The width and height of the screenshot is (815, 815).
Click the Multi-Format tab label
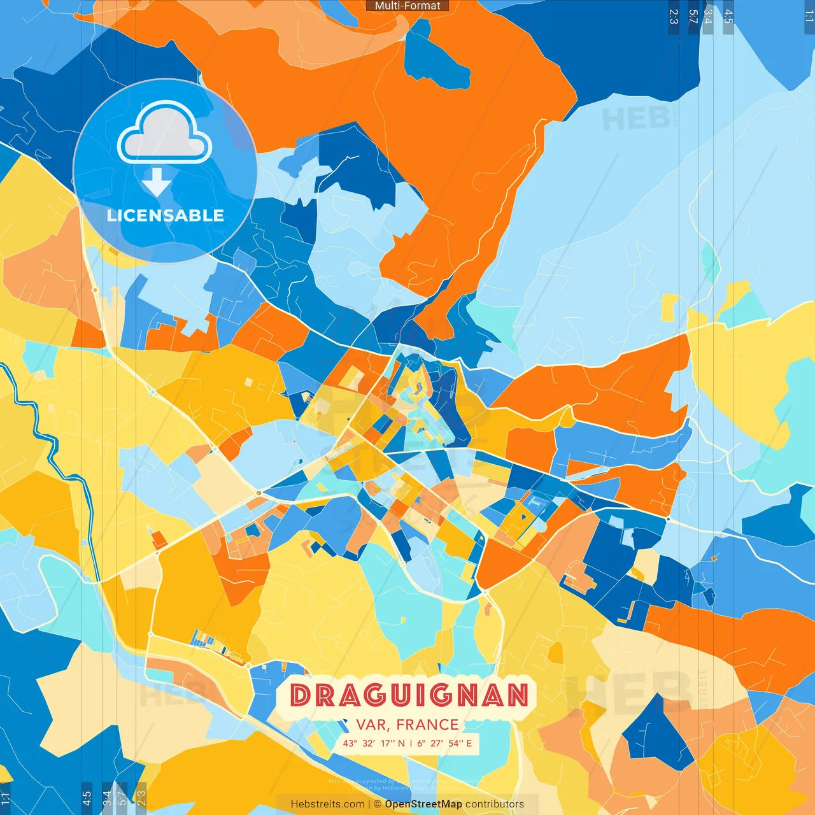pos(407,6)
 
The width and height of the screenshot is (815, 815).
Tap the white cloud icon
pos(164,133)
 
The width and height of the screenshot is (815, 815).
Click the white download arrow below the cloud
pos(156,181)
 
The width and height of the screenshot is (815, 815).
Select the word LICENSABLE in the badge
pos(165,215)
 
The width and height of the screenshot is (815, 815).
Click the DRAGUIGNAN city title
pos(409,695)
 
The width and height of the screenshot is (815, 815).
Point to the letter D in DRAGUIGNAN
pos(300,695)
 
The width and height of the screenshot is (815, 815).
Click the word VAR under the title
pos(371,725)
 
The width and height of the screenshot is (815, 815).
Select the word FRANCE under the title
pos(427,725)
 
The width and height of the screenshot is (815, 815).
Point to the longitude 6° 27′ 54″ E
pos(445,743)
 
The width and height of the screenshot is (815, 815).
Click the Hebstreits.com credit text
pos(327,804)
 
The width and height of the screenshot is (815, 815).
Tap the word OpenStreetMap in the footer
pos(423,804)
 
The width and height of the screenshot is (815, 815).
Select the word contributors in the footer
pos(495,804)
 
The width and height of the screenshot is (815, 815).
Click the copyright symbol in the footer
pos(378,804)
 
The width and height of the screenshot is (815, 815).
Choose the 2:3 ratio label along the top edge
pos(674,17)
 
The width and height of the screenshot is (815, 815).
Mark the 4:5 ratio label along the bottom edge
pos(87,798)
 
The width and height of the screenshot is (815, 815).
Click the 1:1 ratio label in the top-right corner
pos(809,17)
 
